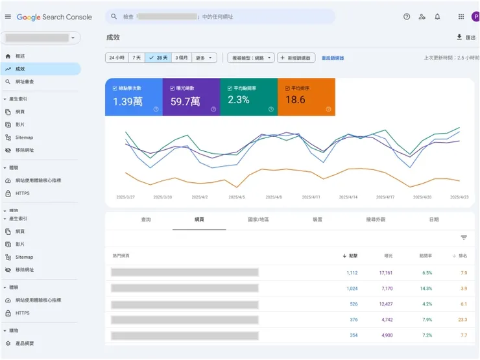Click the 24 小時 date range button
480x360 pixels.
117,58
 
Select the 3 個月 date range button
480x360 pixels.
182,58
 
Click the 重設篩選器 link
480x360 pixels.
333,58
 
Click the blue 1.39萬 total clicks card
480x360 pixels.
134,97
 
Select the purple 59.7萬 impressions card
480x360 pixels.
191,97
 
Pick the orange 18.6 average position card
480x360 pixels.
306,97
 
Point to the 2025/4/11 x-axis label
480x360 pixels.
311,197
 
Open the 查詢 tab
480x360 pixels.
146,220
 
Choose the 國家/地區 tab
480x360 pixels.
258,220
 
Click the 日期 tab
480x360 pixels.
433,220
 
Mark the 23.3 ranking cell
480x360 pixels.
462,320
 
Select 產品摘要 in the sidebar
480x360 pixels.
26,342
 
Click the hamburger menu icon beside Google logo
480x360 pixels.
8,17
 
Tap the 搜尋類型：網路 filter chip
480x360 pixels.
250,58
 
